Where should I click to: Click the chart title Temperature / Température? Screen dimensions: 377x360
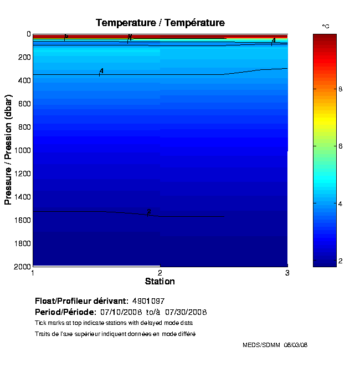click(160, 23)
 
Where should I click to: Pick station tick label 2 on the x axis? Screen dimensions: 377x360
click(160, 273)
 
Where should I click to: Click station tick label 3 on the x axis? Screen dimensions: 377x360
click(287, 273)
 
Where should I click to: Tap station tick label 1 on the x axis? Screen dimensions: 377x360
click(33, 273)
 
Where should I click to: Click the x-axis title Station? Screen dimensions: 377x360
click(160, 282)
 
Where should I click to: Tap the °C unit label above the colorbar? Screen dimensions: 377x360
click(326, 27)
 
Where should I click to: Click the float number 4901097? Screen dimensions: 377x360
click(148, 301)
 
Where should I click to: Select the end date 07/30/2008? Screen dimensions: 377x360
click(186, 312)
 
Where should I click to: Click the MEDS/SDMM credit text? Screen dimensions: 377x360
click(262, 345)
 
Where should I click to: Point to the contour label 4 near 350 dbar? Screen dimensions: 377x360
click(101, 71)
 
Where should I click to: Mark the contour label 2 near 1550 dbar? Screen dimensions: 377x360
click(148, 211)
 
